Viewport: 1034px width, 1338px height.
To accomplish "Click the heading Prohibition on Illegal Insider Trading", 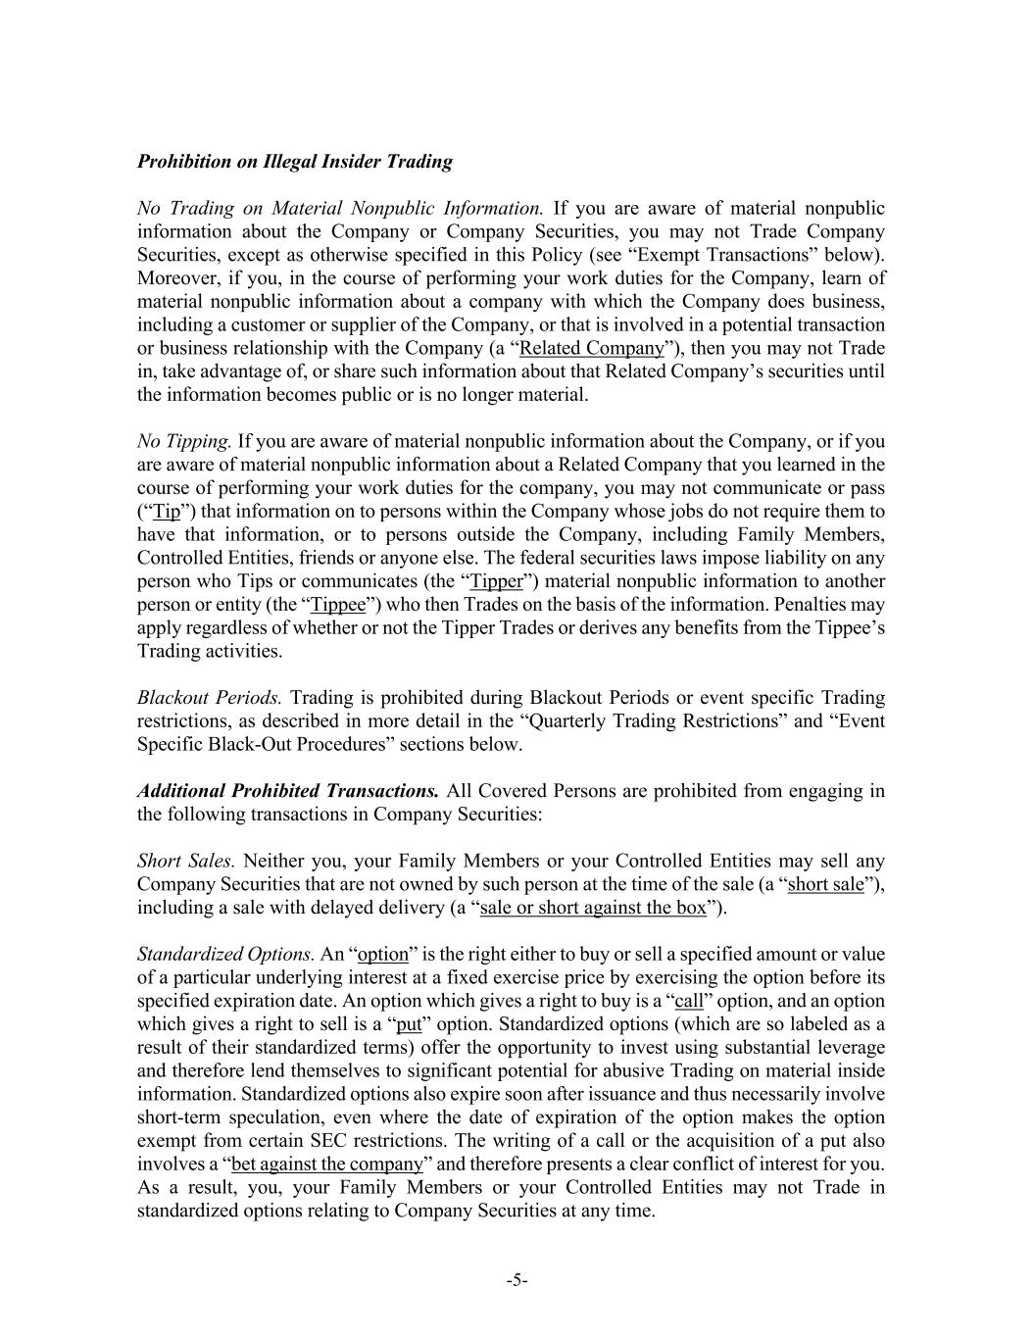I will [294, 162].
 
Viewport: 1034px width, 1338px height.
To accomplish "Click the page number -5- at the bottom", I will [517, 1280].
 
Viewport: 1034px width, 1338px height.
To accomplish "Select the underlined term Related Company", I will [591, 349].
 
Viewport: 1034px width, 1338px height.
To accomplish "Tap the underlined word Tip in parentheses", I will [168, 512].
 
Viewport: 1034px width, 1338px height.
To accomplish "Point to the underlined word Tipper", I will [497, 582].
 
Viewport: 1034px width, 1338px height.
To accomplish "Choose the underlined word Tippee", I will [338, 606].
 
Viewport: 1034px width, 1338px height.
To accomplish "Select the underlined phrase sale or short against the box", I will [593, 908].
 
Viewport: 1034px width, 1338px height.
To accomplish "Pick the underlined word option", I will [383, 955].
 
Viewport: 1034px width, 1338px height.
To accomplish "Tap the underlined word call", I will [690, 1002].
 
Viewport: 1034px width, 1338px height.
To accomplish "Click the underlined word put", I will [408, 1025].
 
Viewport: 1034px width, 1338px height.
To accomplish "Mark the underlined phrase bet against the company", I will [327, 1165].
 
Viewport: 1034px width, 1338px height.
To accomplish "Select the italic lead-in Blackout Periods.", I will [209, 698].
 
